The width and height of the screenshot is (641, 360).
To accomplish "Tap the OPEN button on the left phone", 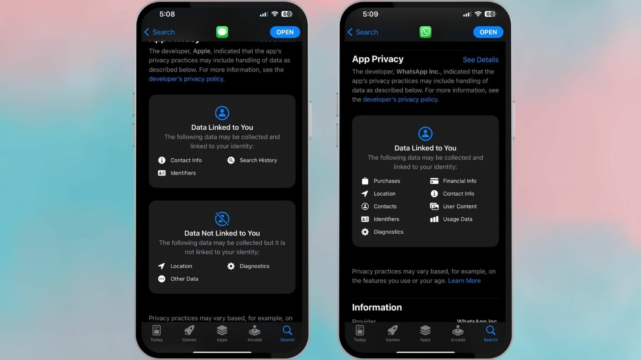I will tap(285, 32).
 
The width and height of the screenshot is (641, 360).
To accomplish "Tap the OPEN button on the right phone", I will tap(488, 32).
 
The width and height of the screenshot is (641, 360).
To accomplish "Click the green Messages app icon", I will tap(222, 32).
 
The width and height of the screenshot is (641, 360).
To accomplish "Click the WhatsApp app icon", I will tap(425, 32).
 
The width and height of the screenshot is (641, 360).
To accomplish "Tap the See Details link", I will tap(480, 60).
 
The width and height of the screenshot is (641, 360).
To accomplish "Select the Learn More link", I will tap(464, 281).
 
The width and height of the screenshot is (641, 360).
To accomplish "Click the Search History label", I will tap(258, 160).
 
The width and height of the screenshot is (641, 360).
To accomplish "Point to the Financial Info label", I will tap(459, 181).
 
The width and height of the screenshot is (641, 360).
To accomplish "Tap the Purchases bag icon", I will tap(365, 181).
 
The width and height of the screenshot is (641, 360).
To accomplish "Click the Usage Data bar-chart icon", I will tap(434, 219).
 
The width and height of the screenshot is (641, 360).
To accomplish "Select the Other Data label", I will tap(184, 279).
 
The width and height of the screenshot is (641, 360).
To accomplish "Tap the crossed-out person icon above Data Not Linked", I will tap(222, 219).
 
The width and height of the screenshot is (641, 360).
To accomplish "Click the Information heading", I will tap(377, 307).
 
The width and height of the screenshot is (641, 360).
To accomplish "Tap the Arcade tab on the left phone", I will tap(254, 333).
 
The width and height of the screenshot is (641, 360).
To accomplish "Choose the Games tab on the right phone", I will tap(392, 333).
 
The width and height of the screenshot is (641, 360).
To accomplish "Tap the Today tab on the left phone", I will tap(157, 333).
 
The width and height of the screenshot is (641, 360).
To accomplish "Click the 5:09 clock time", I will tap(370, 14).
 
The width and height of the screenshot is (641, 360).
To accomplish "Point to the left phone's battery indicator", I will tap(287, 14).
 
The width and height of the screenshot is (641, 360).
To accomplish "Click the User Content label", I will tap(459, 206).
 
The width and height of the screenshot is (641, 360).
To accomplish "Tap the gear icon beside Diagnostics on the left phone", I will tap(231, 266).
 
